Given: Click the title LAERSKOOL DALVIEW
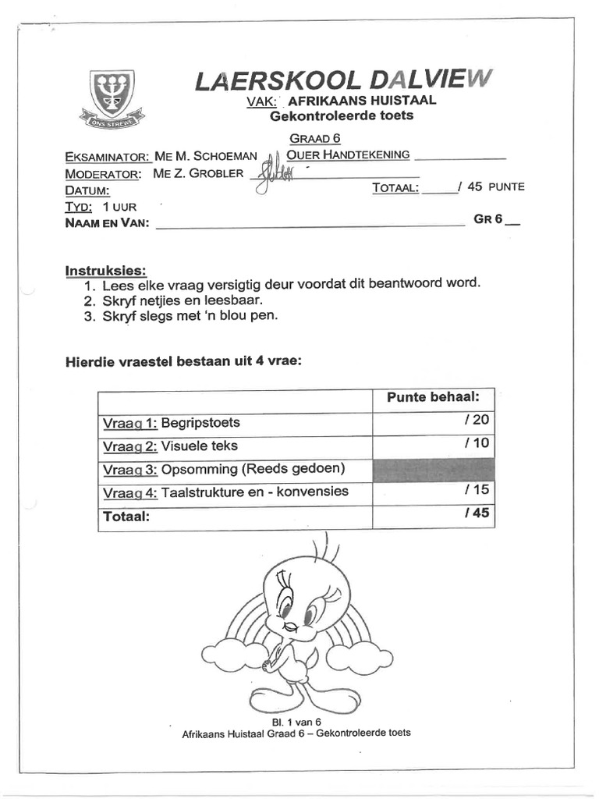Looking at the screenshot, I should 344,81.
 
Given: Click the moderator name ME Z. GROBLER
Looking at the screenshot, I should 198,173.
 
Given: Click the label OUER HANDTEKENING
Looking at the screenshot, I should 348,154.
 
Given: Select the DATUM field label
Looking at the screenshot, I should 87,190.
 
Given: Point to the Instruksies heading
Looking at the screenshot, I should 105,271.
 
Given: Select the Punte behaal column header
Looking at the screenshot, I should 433,398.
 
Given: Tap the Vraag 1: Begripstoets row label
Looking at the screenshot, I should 172,423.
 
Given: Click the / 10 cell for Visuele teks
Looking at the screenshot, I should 433,446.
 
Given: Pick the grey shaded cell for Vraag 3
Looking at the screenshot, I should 433,470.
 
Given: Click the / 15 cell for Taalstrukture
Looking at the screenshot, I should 433,492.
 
